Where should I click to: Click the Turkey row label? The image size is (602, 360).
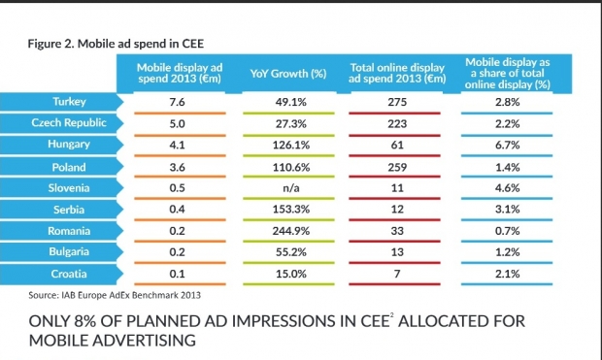69,102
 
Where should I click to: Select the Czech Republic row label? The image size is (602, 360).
69,123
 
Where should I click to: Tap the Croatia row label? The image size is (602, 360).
69,274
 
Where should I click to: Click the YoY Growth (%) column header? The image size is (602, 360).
288,74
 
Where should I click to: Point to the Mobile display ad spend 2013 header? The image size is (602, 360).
180,73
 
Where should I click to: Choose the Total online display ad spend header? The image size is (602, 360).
397,73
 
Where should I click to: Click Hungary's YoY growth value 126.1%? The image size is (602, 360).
290,146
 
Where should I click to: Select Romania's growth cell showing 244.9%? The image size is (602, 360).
290,231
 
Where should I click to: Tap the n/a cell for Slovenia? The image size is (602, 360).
290,188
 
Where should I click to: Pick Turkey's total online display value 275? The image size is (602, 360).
397,102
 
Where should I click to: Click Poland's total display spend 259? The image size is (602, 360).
397,167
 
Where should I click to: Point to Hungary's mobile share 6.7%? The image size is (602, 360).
507,146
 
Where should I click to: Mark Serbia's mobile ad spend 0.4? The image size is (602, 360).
177,210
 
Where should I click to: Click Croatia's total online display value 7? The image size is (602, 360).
397,274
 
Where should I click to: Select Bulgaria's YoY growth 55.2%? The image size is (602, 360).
290,252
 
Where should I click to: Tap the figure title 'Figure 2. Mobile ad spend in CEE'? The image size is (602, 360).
116,44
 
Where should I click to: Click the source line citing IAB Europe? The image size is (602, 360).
115,295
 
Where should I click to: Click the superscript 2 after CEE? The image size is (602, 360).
392,315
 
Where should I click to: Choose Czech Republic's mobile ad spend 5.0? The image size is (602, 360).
177,124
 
